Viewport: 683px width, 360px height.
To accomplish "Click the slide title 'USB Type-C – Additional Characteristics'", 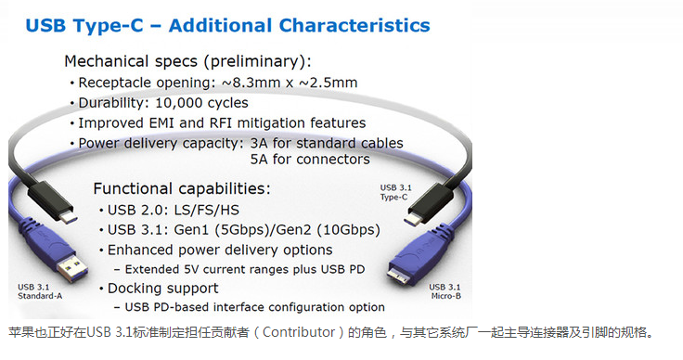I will click(228, 25).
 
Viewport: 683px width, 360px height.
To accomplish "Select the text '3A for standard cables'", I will click(327, 143).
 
